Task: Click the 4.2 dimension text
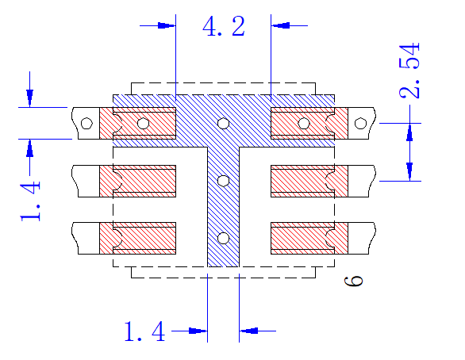coord(224,26)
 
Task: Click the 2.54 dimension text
coord(409,71)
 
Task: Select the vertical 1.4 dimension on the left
coord(30,201)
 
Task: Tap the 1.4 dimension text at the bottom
coord(144,331)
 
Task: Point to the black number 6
coord(353,281)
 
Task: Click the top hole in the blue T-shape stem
coord(223,123)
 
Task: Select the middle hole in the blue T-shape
coord(223,181)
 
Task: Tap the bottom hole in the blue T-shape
coord(223,238)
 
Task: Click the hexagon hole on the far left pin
coord(86,123)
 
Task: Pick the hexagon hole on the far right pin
coord(360,123)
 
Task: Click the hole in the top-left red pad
coord(144,123)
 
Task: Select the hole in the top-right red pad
coord(303,123)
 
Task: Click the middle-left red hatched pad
coord(137,181)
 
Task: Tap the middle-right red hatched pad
coord(309,181)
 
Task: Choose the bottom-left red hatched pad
coord(137,238)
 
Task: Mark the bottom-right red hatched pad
coord(309,238)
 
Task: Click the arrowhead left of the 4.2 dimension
coord(167,25)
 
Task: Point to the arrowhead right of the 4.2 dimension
coord(280,25)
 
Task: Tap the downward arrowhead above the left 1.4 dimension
coord(29,98)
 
